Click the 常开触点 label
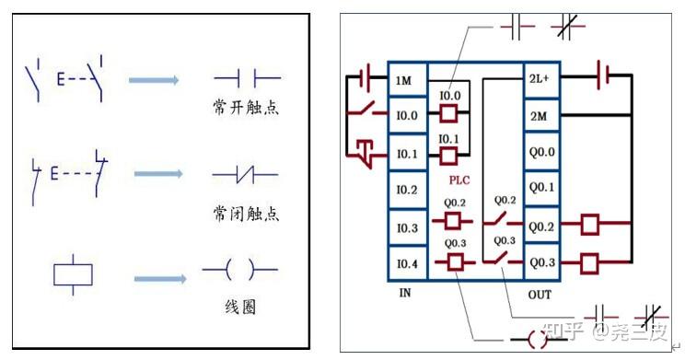point(245,109)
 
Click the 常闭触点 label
point(245,214)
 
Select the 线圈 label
point(241,308)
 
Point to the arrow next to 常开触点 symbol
point(153,81)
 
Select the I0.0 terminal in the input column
point(406,116)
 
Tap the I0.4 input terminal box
point(406,263)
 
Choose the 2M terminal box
point(539,116)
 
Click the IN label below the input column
point(405,293)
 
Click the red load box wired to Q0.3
point(589,263)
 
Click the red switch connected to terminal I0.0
point(366,114)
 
